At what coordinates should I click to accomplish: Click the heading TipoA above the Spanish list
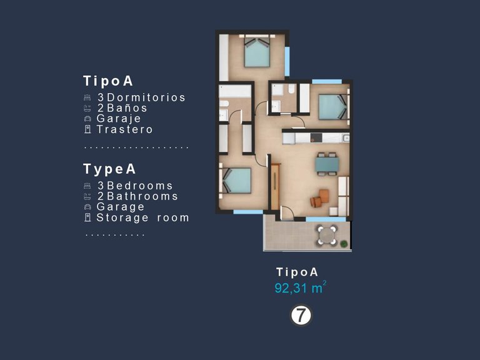point(108,81)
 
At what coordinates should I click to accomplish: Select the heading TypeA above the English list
point(109,169)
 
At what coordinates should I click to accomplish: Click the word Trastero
point(125,129)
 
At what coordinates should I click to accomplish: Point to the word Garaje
point(119,119)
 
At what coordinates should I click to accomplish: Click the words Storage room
point(142,218)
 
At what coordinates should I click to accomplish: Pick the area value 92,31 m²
point(301,288)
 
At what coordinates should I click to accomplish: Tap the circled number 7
point(301,316)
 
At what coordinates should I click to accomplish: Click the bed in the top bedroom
point(257,52)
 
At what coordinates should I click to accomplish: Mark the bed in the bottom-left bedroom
point(237,180)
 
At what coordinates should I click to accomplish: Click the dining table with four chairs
point(327,164)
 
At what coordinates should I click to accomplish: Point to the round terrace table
point(326,235)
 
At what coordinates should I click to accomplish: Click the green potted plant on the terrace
point(343,242)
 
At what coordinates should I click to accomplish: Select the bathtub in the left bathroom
point(234,92)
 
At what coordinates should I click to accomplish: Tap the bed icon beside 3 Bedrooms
point(87,186)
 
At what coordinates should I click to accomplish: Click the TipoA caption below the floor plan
point(297,272)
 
